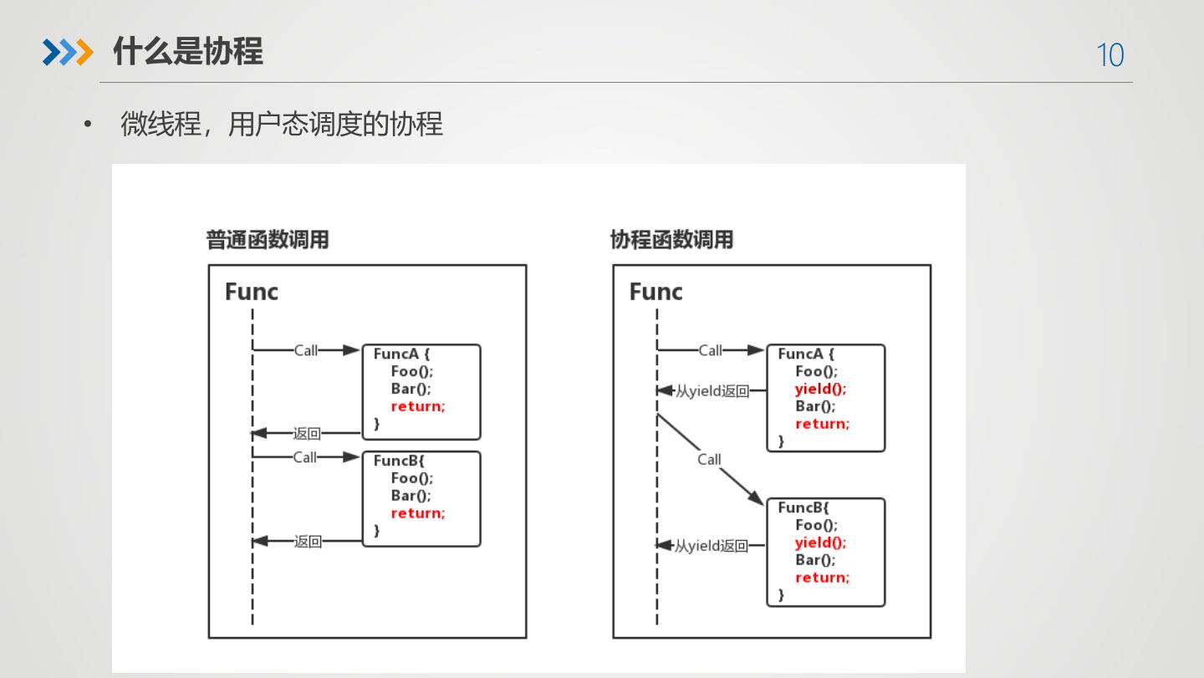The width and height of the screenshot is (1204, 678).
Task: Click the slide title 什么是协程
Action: click(187, 52)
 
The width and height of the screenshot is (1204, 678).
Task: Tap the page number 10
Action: click(1110, 55)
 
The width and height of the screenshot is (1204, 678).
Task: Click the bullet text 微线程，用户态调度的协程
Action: click(281, 125)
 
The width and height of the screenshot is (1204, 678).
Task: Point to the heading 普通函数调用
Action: click(268, 240)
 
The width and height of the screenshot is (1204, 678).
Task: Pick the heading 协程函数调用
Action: click(671, 240)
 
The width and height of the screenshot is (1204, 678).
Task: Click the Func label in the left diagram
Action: click(251, 292)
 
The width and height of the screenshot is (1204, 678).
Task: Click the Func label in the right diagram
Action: click(656, 292)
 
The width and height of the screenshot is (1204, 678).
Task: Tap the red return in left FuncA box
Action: click(418, 406)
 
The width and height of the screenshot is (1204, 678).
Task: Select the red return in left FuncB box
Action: click(418, 513)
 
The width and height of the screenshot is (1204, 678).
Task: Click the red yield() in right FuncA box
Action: click(820, 389)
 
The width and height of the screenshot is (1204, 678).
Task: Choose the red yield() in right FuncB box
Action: click(820, 543)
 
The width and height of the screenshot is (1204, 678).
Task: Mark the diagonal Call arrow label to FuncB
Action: click(709, 459)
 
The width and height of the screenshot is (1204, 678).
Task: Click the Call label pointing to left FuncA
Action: click(306, 350)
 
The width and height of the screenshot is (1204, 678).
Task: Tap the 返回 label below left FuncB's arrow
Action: click(308, 542)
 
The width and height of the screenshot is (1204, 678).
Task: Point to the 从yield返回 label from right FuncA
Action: click(712, 391)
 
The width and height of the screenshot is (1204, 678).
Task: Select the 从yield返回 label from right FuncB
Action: click(712, 546)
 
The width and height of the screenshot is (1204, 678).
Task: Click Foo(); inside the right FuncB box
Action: click(816, 525)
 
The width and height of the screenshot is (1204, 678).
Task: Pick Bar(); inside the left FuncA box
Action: click(411, 389)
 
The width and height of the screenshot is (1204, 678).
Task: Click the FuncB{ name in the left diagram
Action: click(400, 461)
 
